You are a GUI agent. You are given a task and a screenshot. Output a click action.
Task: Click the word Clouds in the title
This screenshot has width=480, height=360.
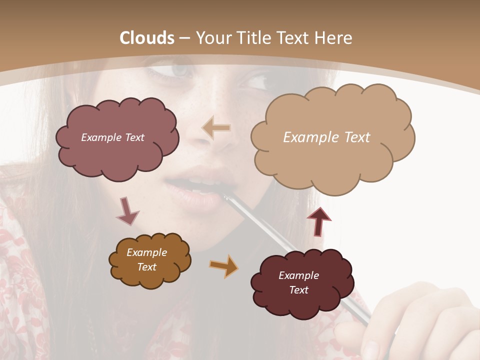tap(147, 38)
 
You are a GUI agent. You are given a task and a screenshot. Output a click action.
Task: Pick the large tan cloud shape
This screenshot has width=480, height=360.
tap(332, 160)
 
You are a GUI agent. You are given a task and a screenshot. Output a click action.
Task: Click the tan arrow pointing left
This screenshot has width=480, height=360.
tap(216, 128)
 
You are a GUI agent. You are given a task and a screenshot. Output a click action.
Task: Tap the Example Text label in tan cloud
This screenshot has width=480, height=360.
tap(326, 137)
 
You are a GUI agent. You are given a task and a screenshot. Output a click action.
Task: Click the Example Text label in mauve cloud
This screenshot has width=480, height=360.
tap(112, 137)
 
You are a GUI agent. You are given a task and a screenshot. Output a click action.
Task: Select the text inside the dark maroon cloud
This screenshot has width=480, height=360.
tap(298, 282)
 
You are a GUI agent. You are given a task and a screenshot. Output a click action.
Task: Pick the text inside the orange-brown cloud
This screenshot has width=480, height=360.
tap(146, 259)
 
